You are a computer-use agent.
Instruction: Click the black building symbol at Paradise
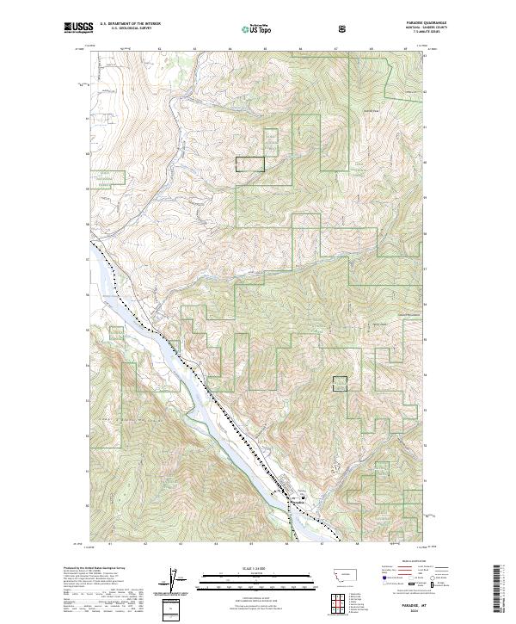300,497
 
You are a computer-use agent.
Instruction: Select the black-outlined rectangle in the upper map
250,164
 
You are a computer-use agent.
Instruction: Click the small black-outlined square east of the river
341,385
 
